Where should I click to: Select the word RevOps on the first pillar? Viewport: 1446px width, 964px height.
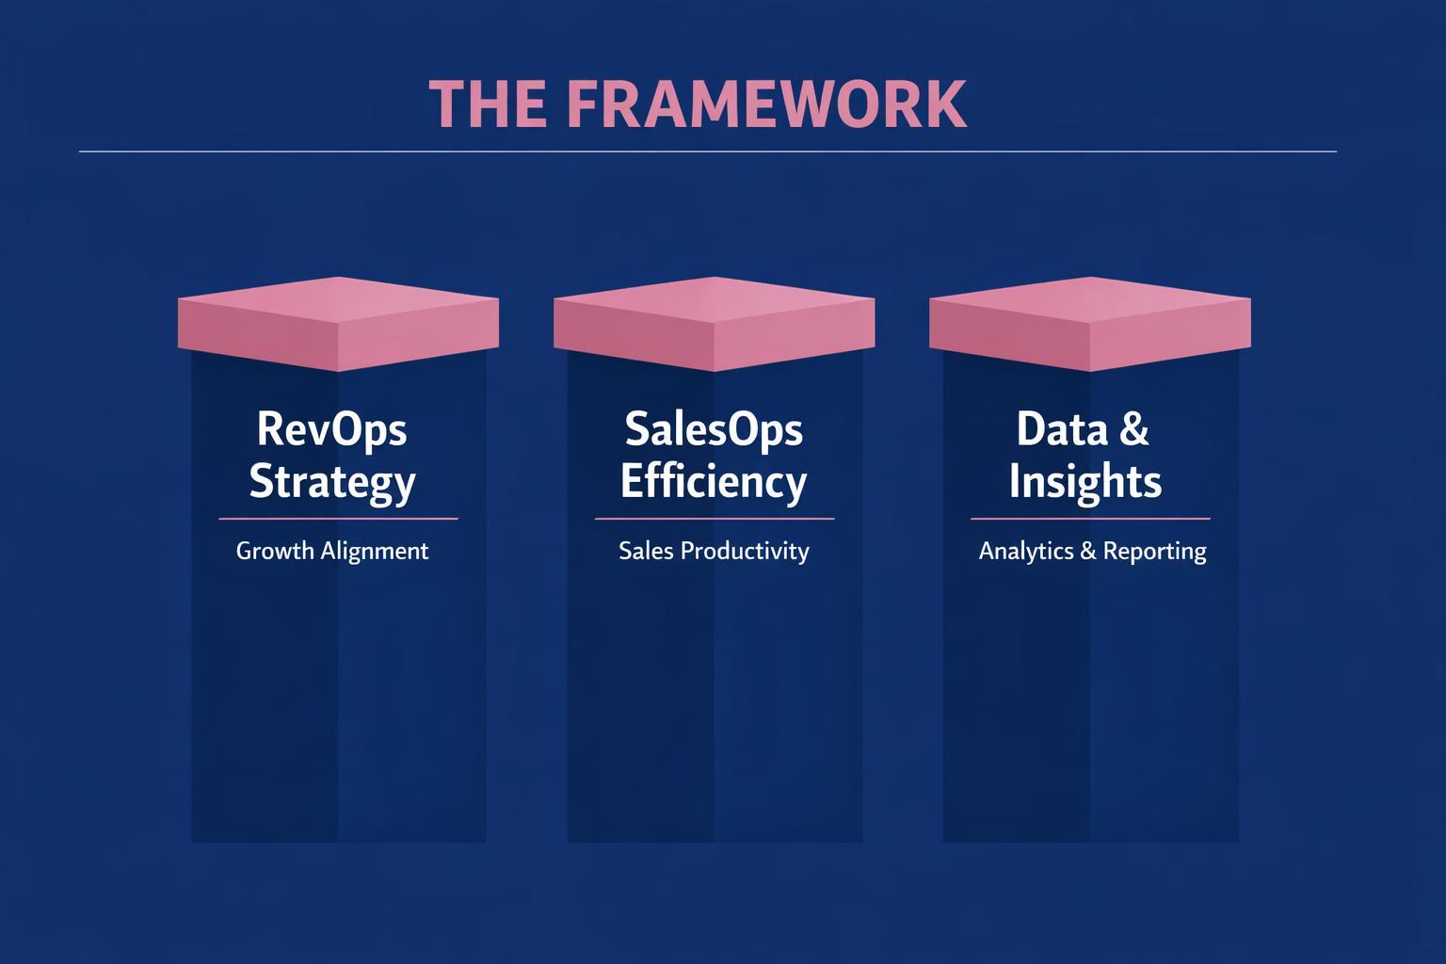coord(331,429)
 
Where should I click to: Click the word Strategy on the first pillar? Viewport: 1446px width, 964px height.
coord(331,481)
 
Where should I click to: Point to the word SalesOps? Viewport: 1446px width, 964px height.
coord(714,429)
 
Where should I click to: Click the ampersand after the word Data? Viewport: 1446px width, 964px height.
coord(1133,429)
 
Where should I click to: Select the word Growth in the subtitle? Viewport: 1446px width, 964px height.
coord(275,551)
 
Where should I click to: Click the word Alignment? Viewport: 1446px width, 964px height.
coord(375,551)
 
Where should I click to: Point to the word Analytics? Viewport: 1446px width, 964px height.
coord(1025,551)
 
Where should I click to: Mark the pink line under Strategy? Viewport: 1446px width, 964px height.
coord(338,518)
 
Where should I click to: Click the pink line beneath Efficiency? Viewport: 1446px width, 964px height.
coord(714,518)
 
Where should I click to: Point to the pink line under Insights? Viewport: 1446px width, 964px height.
coord(1089,518)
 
